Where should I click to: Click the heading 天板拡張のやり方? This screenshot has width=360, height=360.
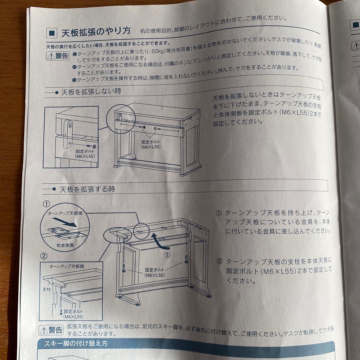point(96,32)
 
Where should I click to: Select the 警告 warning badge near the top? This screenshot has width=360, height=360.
point(57,56)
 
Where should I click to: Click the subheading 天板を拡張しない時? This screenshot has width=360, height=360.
point(91,91)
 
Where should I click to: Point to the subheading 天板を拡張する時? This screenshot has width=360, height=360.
point(87,189)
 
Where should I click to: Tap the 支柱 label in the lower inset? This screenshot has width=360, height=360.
point(46,290)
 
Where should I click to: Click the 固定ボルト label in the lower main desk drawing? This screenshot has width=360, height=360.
point(154,272)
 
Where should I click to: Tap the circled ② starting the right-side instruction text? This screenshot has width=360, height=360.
point(219,261)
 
